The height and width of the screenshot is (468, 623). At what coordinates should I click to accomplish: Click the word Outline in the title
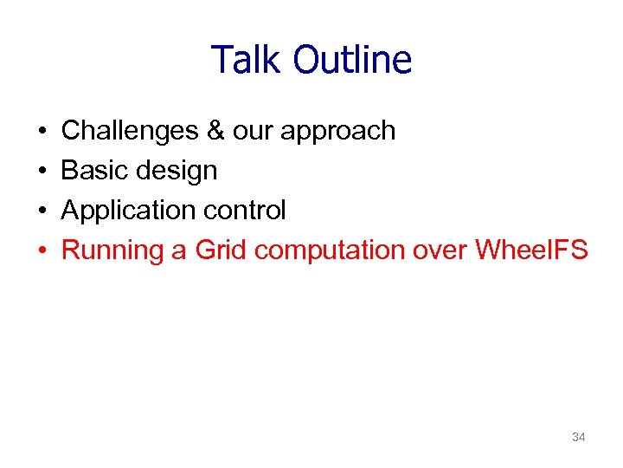352,61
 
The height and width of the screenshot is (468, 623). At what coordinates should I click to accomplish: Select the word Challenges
130,131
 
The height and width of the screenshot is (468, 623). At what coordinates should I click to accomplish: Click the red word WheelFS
531,250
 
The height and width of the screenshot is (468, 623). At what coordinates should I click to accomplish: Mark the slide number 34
579,438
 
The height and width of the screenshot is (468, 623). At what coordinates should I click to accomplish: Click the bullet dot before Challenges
42,132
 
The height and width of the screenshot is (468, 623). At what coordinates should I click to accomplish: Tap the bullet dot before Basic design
42,172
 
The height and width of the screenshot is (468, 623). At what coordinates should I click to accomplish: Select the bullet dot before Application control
42,211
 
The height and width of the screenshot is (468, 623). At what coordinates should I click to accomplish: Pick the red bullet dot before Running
42,251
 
